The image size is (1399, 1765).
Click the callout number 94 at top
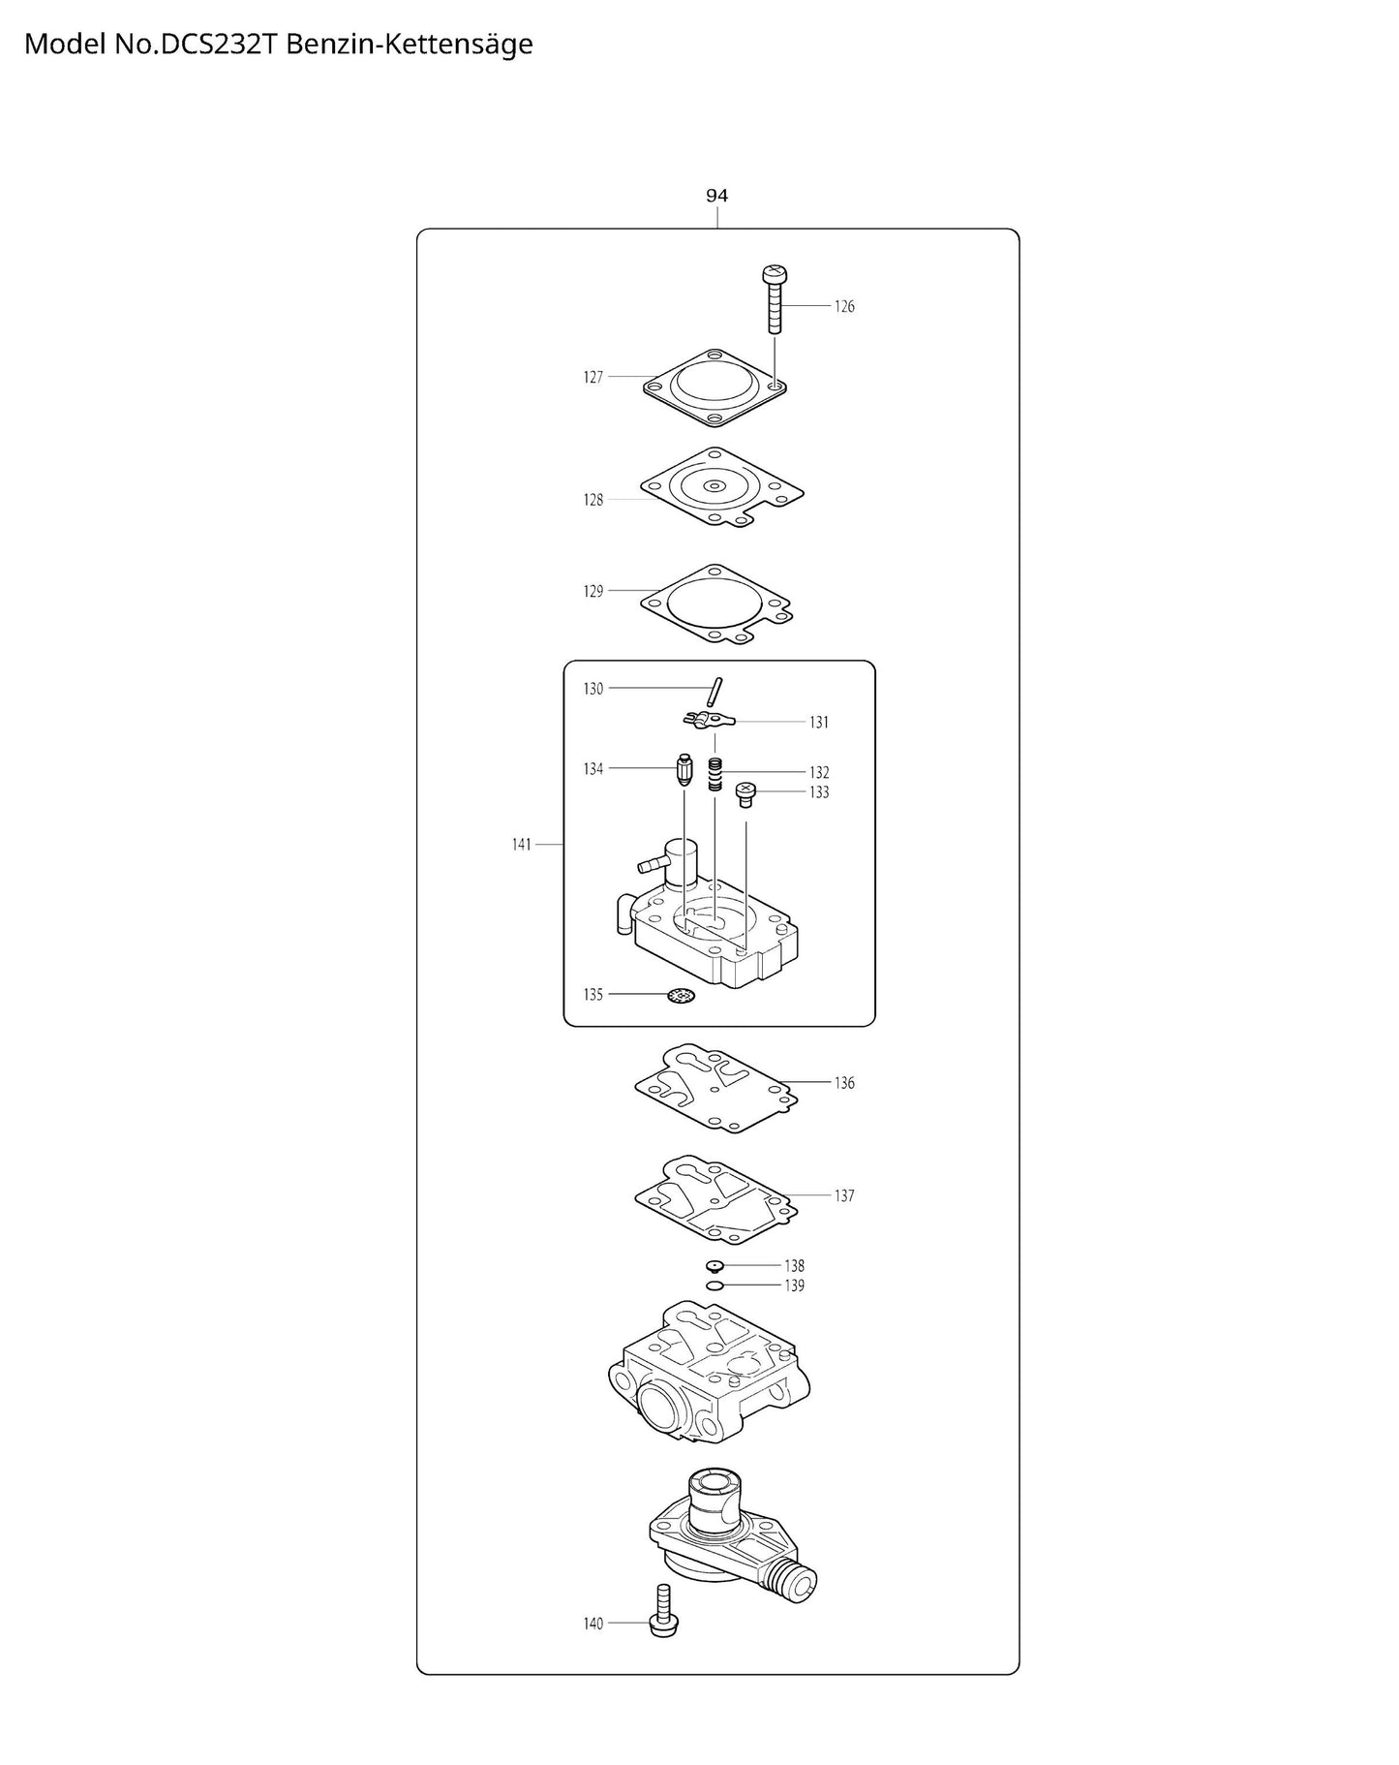click(716, 196)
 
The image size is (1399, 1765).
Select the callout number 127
click(593, 377)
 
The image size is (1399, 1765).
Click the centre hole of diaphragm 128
click(715, 485)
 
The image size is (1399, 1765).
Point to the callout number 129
click(593, 591)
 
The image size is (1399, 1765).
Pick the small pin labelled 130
click(715, 692)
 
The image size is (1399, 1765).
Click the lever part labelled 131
click(709, 720)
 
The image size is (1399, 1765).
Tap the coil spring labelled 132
click(715, 774)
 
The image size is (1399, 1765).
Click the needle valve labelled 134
click(684, 771)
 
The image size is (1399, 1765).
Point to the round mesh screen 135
click(682, 996)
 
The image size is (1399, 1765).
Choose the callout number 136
click(844, 1083)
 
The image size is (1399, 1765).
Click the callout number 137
click(844, 1195)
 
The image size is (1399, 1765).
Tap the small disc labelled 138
click(715, 1265)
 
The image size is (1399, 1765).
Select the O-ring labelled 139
click(715, 1285)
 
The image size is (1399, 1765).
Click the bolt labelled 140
click(664, 1620)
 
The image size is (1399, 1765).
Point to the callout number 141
click(522, 845)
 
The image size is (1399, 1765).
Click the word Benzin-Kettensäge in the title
click(410, 45)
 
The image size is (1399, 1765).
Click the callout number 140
click(593, 1624)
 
